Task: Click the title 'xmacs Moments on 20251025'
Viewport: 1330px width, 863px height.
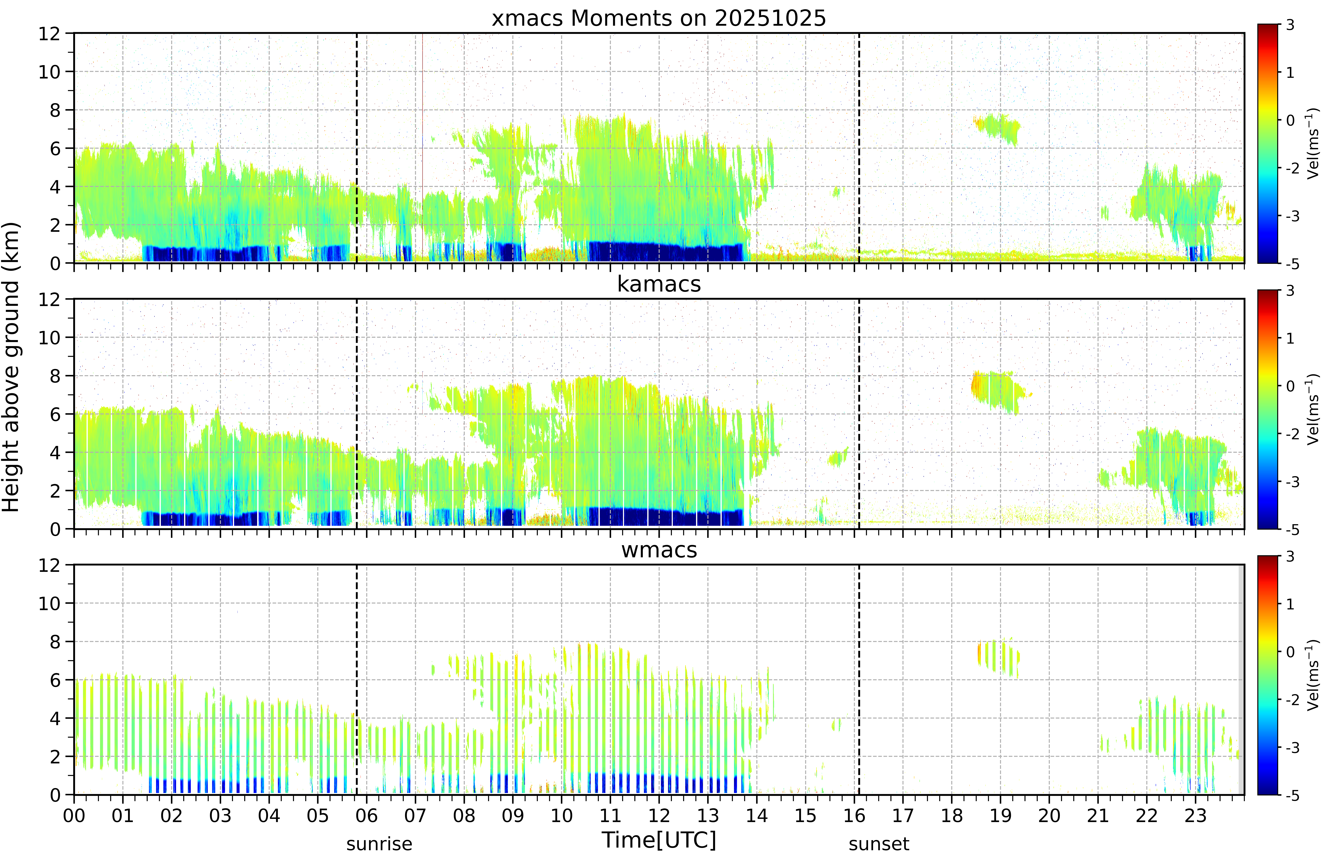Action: (659, 18)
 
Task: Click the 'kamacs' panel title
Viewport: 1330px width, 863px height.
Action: (659, 284)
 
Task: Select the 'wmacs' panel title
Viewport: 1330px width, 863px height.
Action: (659, 550)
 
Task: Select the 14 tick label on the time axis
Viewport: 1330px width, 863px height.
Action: (757, 816)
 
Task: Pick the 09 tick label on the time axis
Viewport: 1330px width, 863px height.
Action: (513, 816)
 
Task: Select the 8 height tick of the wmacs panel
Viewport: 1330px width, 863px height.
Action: (55, 642)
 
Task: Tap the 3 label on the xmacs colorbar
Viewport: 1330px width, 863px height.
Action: (1290, 25)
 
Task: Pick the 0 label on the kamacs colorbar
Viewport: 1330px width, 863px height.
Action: (1290, 386)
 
